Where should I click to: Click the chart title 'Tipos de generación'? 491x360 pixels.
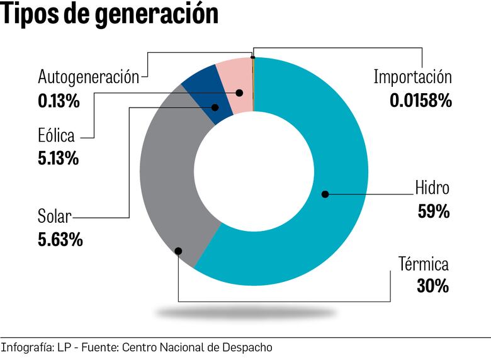pos(110,15)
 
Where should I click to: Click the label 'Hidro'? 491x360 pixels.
pos(432,188)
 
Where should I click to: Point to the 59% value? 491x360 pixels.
pos(434,211)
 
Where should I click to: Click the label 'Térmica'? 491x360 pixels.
pos(423,263)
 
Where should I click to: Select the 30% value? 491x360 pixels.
pos(432,286)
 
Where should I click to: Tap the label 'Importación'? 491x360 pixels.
pos(412,77)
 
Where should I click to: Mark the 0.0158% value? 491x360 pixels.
pos(420,101)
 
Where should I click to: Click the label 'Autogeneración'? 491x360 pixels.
pos(88,77)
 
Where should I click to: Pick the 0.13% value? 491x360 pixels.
pos(59,101)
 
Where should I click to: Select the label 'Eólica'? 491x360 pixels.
pos(56,135)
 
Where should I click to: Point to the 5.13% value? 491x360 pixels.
pos(59,158)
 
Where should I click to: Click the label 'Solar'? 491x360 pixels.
pos(54,217)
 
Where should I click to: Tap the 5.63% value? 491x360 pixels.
pos(60,240)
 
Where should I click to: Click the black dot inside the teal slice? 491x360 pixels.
pos(325,194)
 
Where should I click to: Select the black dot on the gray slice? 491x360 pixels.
pos(178,250)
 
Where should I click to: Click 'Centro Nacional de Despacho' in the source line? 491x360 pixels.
pos(196,347)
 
